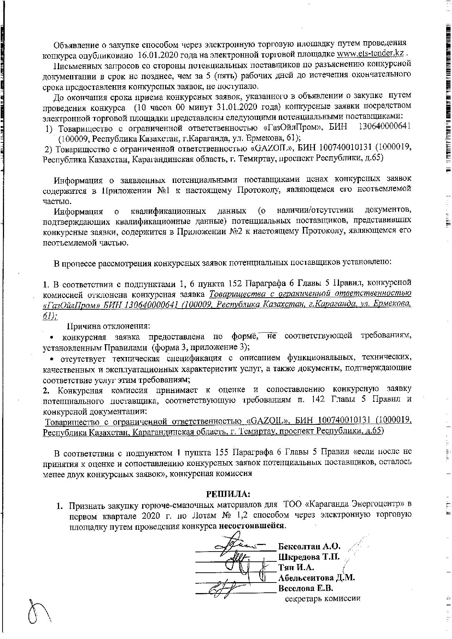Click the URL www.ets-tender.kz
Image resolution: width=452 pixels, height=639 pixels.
(x=370, y=54)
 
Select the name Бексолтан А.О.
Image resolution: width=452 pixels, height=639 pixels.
(x=309, y=547)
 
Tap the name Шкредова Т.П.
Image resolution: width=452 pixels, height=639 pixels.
(x=309, y=557)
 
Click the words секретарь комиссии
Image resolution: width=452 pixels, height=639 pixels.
(x=323, y=598)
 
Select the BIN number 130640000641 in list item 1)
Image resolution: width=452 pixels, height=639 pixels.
(x=385, y=126)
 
